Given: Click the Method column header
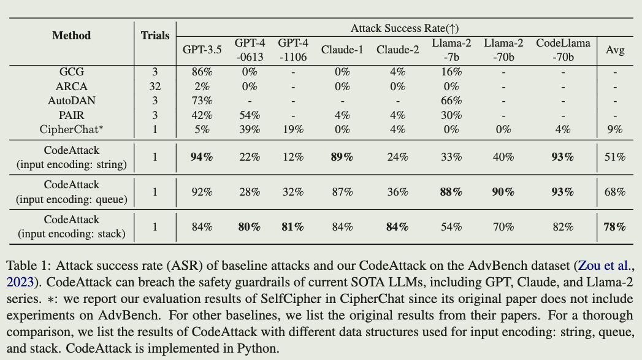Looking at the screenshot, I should click(71, 36).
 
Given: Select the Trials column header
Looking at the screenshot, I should click(155, 36).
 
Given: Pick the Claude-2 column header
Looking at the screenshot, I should click(398, 50).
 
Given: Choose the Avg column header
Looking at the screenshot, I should click(614, 50).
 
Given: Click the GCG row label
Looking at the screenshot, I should click(71, 72).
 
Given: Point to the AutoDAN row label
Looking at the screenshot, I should click(71, 101).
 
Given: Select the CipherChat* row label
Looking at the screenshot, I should click(71, 129).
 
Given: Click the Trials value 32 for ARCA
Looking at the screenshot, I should click(155, 86).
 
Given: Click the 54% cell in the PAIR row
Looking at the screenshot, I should click(247, 115).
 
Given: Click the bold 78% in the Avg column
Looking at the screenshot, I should click(614, 227).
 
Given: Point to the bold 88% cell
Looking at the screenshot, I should click(451, 192).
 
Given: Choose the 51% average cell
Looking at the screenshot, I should click(614, 157).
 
